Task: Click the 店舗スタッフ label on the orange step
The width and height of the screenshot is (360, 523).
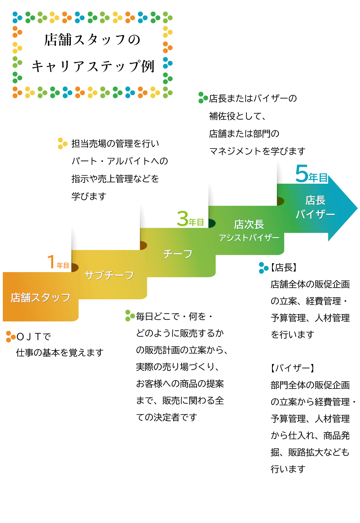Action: click(x=40, y=297)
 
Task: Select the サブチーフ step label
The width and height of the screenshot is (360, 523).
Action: click(x=109, y=275)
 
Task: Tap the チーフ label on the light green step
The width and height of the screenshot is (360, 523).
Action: click(x=178, y=254)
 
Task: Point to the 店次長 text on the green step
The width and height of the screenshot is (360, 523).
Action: click(x=249, y=224)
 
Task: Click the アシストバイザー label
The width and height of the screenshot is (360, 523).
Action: click(x=249, y=238)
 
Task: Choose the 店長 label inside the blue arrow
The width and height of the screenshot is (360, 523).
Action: click(x=315, y=200)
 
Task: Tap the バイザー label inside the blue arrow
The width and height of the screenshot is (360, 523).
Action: click(x=315, y=214)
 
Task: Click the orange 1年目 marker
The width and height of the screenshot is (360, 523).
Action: click(x=58, y=263)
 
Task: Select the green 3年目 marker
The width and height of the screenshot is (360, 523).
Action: click(x=190, y=220)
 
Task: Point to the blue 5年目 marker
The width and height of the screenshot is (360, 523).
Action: click(x=312, y=175)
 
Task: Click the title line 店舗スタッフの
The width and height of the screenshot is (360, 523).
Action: click(x=92, y=40)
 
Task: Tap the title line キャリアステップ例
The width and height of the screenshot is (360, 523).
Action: click(x=92, y=66)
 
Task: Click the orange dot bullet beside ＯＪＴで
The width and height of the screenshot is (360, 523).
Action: click(x=10, y=337)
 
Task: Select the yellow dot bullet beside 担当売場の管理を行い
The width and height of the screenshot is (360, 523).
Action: click(x=62, y=143)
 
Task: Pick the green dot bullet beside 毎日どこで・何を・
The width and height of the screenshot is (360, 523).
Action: click(x=130, y=315)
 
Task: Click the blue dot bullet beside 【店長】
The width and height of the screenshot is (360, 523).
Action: click(x=263, y=267)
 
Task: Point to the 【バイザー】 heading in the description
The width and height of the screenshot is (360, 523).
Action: click(x=292, y=368)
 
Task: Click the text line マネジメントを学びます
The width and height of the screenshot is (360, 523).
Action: click(x=257, y=151)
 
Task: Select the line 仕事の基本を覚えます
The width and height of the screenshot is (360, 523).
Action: click(x=60, y=353)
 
